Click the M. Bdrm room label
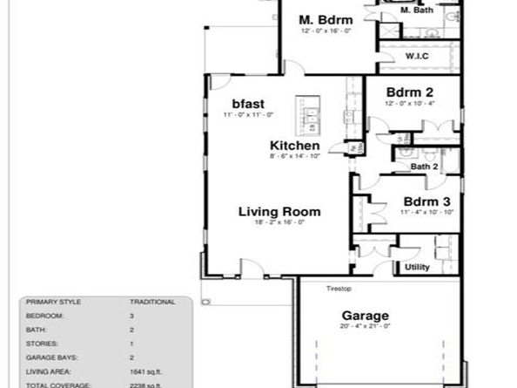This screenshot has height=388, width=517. [325, 19]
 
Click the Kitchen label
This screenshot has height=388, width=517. [294, 146]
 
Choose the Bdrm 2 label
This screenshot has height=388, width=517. [410, 92]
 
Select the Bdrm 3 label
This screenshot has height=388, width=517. [426, 201]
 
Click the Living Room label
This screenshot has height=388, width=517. [279, 211]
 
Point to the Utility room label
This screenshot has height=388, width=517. [418, 267]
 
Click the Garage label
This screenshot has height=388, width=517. [365, 315]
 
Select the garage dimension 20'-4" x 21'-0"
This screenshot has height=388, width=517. [365, 326]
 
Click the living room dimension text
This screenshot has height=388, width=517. [279, 222]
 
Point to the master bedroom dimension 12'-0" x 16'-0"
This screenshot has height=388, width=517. [325, 31]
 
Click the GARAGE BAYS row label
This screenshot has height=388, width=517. [51, 356]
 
